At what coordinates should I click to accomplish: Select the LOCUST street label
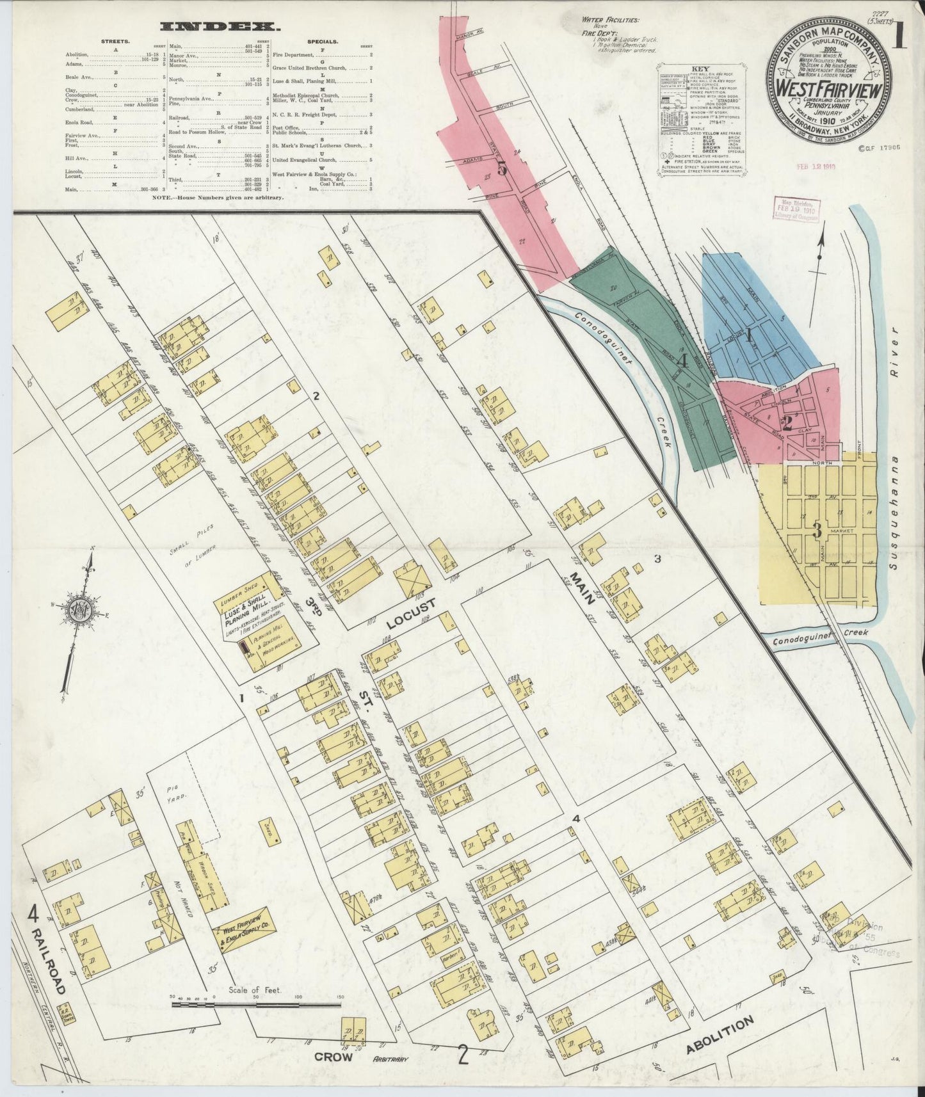411,613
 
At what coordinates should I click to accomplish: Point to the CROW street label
334,1057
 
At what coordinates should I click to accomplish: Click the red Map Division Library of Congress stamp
796,209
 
